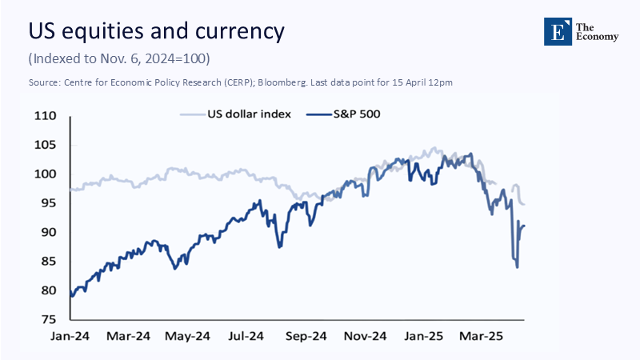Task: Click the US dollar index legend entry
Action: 237,114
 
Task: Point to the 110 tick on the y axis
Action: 47,116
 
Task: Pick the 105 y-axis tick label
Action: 47,145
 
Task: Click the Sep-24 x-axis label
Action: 308,336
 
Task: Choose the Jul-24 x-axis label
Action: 248,336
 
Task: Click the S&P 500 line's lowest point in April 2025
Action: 517,266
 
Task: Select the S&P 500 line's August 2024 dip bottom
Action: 279,246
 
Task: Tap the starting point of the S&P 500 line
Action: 70,294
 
